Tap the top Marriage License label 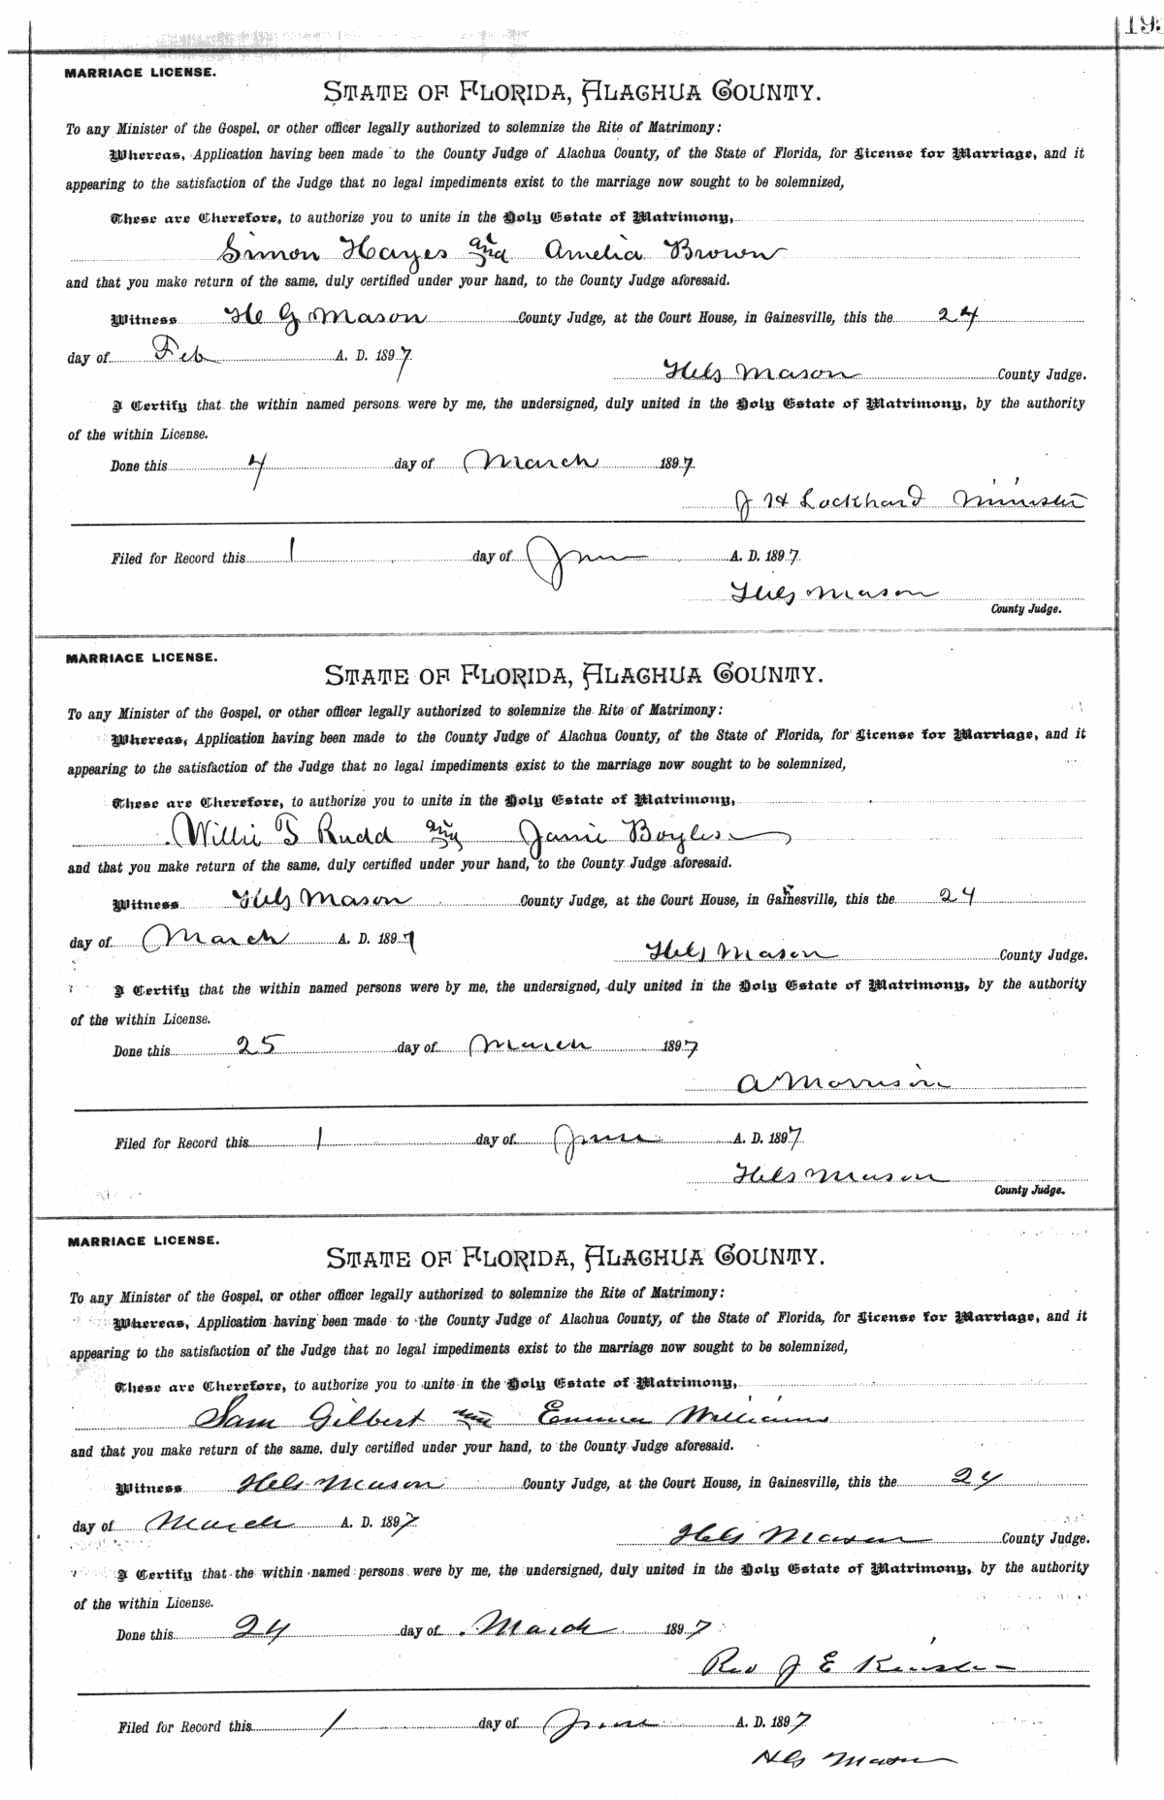coord(141,73)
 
